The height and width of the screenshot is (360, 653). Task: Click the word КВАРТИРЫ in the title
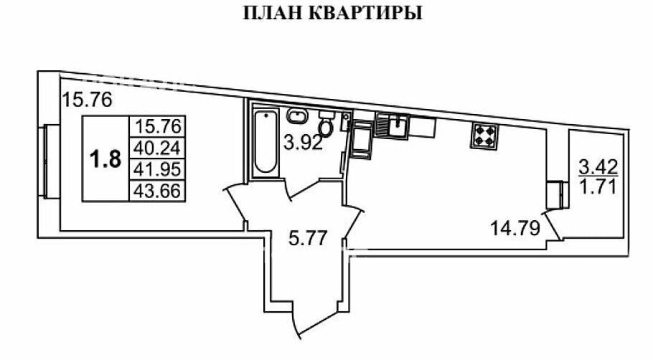click(367, 13)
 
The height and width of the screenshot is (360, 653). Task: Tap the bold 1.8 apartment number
click(105, 159)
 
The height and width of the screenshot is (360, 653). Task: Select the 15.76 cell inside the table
click(157, 126)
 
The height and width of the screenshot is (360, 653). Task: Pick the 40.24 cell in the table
click(157, 148)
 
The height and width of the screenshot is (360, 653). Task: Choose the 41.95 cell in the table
click(157, 169)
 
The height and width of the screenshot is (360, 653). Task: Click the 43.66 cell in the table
click(157, 191)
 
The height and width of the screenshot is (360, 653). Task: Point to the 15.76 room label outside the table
click(87, 100)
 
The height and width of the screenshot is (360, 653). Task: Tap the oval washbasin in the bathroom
click(296, 115)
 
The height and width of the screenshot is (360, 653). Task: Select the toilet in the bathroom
click(326, 123)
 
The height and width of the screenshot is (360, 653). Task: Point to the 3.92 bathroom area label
click(303, 143)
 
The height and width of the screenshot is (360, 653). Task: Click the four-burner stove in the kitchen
click(484, 136)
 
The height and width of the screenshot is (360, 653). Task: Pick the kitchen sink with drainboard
click(393, 125)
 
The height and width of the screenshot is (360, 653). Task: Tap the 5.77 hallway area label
click(309, 239)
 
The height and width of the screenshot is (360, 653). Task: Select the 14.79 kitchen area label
click(515, 228)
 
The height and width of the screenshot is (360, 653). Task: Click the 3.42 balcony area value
click(598, 167)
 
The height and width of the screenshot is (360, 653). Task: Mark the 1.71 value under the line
click(598, 187)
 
